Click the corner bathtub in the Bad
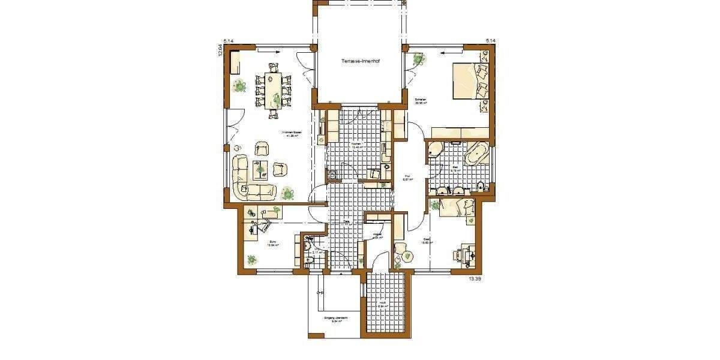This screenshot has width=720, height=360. [477, 152]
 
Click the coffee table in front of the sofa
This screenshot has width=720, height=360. [261, 170]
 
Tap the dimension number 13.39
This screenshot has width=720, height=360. [475, 279]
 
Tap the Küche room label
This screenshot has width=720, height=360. [356, 145]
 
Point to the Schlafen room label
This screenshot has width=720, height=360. [421, 101]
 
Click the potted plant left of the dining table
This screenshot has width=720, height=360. [241, 86]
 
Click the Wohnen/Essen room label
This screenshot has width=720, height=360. [292, 134]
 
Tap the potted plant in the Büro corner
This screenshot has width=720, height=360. [251, 259]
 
